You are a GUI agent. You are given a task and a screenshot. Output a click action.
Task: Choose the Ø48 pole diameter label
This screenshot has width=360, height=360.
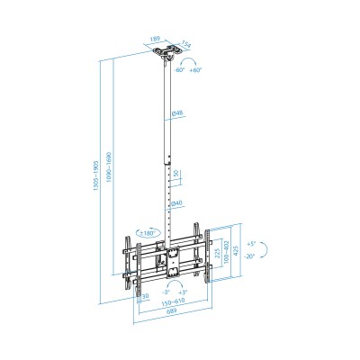(178, 112)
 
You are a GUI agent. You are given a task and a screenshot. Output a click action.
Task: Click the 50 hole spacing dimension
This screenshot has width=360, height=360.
(176, 174)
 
